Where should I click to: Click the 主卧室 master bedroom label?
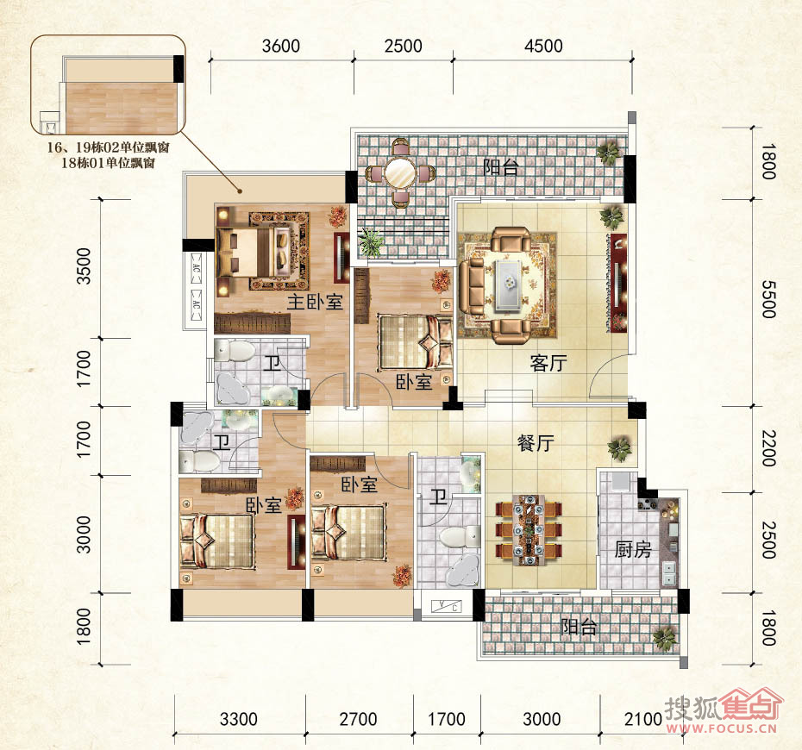(x=315, y=302)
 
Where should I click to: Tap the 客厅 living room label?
(x=548, y=363)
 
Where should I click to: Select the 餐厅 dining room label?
(x=536, y=443)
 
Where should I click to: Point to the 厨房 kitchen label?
(x=633, y=550)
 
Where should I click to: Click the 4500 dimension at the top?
(x=543, y=46)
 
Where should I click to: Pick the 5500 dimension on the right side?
(x=768, y=299)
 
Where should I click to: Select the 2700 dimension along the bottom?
(x=358, y=719)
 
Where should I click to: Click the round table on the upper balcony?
(x=400, y=174)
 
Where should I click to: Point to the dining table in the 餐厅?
(x=529, y=529)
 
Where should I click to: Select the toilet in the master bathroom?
(x=235, y=351)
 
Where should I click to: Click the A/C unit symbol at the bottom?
(x=447, y=607)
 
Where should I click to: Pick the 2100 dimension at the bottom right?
(x=643, y=719)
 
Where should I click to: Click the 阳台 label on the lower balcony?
(x=579, y=627)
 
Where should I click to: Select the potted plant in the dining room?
(x=619, y=449)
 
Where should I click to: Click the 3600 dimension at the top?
(x=281, y=46)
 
